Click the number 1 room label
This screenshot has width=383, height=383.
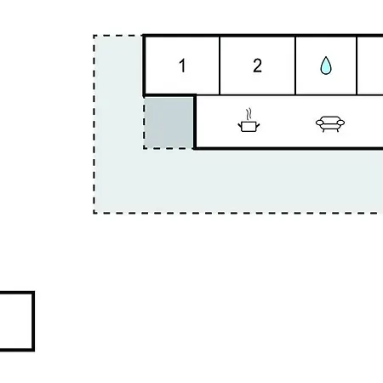(182, 66)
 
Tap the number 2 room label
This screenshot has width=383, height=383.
(257, 66)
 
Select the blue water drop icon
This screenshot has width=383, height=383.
(326, 66)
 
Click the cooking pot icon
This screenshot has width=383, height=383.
(249, 126)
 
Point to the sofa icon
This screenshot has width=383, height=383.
(330, 123)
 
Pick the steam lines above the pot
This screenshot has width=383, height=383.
(249, 113)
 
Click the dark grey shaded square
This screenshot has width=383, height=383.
(169, 123)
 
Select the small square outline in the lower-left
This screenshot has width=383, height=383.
(33, 321)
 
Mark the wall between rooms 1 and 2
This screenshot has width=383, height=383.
(220, 66)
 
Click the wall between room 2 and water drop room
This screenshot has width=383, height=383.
(295, 66)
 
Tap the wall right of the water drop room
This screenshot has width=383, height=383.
(357, 66)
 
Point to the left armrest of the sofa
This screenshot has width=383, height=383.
(320, 123)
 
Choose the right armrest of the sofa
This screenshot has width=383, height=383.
(340, 123)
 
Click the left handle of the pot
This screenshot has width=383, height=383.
(240, 124)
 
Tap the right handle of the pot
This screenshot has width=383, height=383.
(258, 124)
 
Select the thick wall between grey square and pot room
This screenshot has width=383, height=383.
(195, 123)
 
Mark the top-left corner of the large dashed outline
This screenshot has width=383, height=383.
(94, 36)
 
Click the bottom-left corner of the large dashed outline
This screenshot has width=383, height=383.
(94, 213)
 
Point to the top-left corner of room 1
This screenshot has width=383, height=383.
(144, 36)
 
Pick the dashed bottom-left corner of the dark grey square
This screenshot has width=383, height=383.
(145, 148)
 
